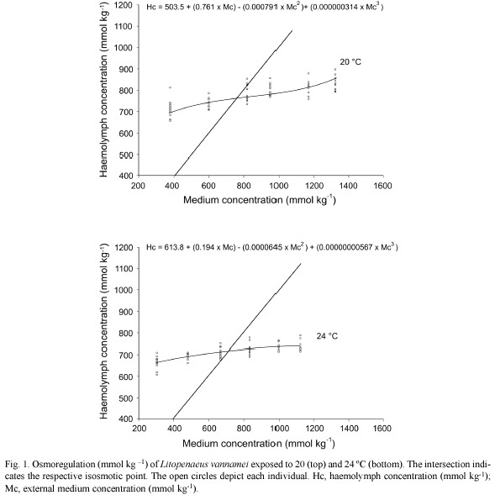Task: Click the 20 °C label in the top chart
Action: click(x=350, y=62)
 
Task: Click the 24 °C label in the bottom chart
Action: click(x=327, y=336)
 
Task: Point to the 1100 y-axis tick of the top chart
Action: click(x=124, y=27)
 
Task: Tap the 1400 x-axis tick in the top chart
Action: click(x=349, y=185)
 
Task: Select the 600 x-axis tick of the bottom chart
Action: click(x=208, y=429)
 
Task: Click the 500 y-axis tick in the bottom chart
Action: click(x=127, y=398)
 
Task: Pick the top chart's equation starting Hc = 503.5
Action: click(x=265, y=7)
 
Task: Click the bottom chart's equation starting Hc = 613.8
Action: click(x=271, y=247)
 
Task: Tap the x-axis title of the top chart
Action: click(x=260, y=200)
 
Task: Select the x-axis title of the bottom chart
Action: click(x=259, y=444)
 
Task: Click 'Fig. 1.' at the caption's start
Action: click(x=17, y=465)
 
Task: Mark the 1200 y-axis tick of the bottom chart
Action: click(x=124, y=247)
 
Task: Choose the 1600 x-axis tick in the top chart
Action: click(x=383, y=185)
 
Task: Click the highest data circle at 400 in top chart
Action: click(x=170, y=87)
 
